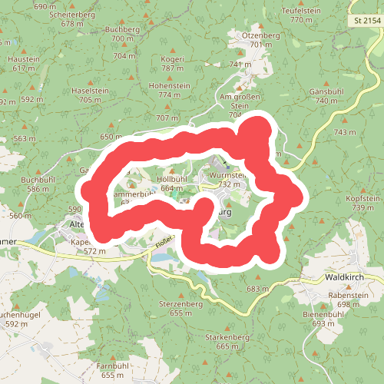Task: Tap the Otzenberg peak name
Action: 261,35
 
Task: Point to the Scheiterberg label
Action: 71,15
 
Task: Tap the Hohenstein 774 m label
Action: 169,86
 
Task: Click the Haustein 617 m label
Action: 24,59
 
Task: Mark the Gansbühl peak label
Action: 326,91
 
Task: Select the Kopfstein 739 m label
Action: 363,198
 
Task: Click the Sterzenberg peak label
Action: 180,304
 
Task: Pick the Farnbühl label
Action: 111,366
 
